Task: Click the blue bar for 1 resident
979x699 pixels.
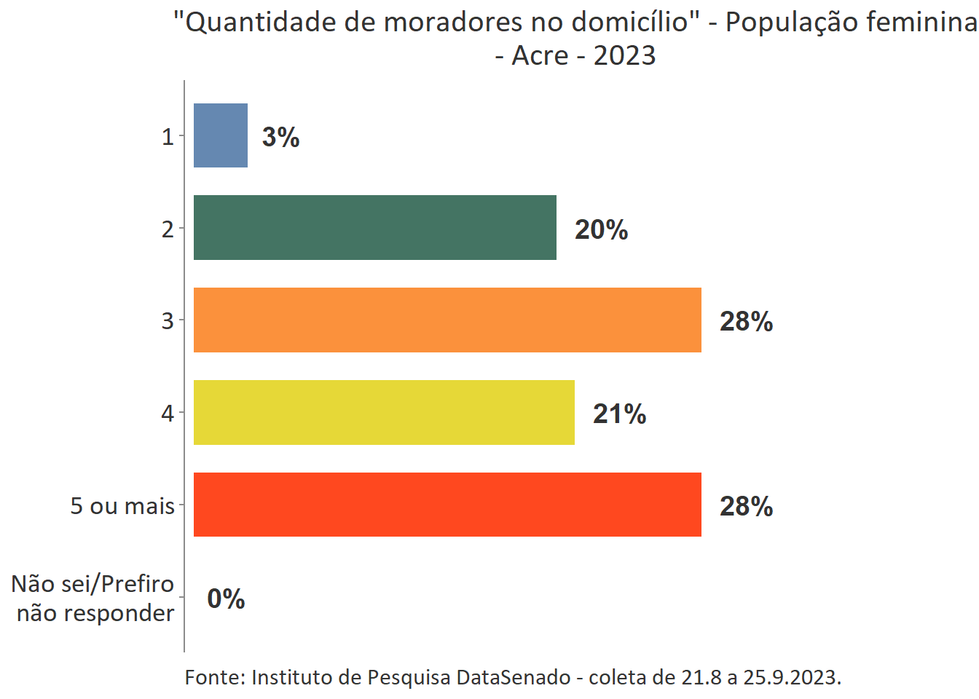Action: point(221,135)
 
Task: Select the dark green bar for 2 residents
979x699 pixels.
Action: point(374,227)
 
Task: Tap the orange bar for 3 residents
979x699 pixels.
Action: point(447,320)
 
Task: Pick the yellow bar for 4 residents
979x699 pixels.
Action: point(384,412)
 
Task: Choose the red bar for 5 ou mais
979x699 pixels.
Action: point(447,505)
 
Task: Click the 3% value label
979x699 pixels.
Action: point(281,137)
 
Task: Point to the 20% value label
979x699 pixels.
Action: point(602,229)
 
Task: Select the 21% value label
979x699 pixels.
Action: point(620,414)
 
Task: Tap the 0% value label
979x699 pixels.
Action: point(226,599)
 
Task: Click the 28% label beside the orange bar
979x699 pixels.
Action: point(747,321)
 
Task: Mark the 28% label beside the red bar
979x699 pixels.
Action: point(747,506)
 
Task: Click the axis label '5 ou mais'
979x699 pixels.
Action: point(122,505)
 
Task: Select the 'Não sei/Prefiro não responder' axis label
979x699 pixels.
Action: point(94,598)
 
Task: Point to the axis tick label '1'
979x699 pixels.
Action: point(168,136)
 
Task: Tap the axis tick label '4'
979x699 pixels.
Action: point(168,413)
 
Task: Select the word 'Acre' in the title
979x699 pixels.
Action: point(540,55)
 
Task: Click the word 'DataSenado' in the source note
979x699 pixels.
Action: point(514,677)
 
